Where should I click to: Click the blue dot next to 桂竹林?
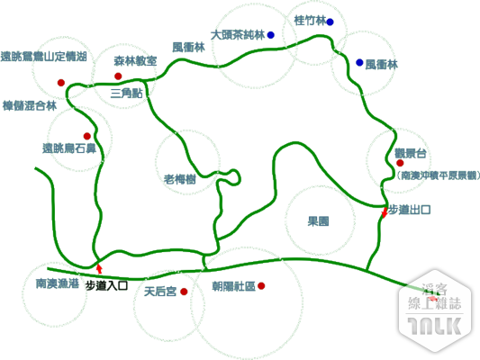pyautogui.click(x=330, y=22)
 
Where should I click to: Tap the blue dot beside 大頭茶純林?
pyautogui.click(x=270, y=35)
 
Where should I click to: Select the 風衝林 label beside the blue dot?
pyautogui.click(x=382, y=65)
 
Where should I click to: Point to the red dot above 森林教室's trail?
pyautogui.click(x=118, y=76)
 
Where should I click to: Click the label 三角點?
pyautogui.click(x=126, y=94)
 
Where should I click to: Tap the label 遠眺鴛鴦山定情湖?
pyautogui.click(x=44, y=57)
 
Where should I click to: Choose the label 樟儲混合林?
pyautogui.click(x=30, y=106)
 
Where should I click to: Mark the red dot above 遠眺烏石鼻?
pyautogui.click(x=87, y=136)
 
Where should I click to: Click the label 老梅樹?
pyautogui.click(x=180, y=179)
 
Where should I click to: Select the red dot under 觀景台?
pyautogui.click(x=400, y=163)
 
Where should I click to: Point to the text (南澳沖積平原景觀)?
pyautogui.click(x=438, y=175)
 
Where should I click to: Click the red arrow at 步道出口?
pyautogui.click(x=385, y=212)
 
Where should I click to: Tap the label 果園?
pyautogui.click(x=319, y=221)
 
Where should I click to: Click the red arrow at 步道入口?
pyautogui.click(x=99, y=268)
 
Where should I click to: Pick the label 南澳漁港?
pyautogui.click(x=58, y=283)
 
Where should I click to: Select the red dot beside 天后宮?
pyautogui.click(x=184, y=292)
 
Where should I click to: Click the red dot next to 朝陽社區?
pyautogui.click(x=261, y=286)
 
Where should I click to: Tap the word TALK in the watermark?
pyautogui.click(x=435, y=326)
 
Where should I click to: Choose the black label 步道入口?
pyautogui.click(x=106, y=286)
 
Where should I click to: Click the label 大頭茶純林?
pyautogui.click(x=238, y=35)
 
